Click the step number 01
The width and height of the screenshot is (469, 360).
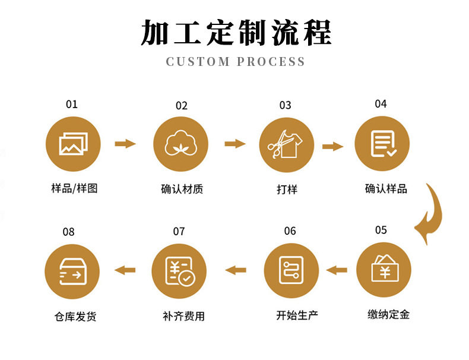tap(72, 105)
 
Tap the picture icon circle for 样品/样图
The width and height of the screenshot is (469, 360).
tap(74, 144)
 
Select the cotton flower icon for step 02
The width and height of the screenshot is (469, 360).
tap(181, 144)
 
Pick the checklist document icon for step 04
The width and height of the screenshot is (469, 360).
tap(382, 144)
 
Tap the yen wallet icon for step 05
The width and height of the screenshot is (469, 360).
tap(384, 270)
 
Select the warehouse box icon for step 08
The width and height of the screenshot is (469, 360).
tap(72, 271)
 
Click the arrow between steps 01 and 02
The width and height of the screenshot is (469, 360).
tap(125, 143)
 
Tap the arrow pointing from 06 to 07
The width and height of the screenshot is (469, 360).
tap(235, 270)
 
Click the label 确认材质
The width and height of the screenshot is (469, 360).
tap(182, 190)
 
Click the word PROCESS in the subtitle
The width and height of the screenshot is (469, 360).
tap(271, 61)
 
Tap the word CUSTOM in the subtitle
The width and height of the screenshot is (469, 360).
tap(198, 61)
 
